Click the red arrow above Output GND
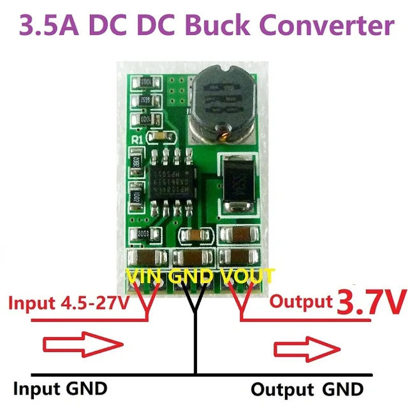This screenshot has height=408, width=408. [x=306, y=349]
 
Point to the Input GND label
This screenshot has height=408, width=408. [x=61, y=388]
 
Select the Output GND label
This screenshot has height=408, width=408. [x=307, y=388]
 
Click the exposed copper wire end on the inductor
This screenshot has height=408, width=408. [x=223, y=134]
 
